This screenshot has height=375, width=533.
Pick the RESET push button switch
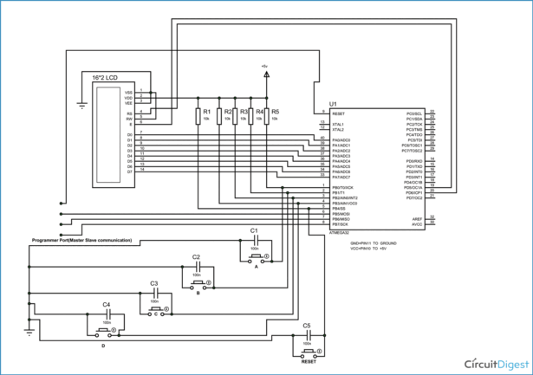308,352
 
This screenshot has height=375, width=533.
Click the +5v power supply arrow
266,74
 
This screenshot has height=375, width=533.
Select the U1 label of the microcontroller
334,105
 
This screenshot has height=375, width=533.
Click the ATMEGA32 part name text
341,232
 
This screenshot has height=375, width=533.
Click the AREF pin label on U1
416,217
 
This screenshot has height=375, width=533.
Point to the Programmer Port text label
82,239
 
